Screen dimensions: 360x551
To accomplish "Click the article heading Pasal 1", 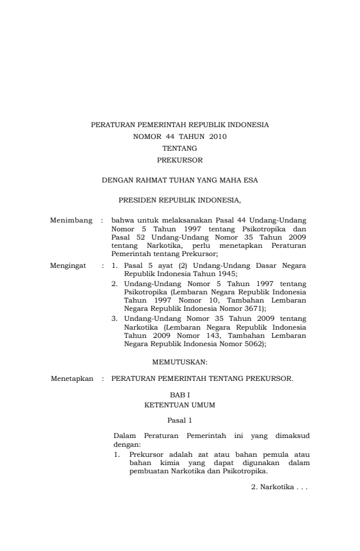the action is pos(179,421).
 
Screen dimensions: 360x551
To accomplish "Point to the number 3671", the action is pos(253,308).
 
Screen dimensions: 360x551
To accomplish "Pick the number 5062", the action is pos(253,346).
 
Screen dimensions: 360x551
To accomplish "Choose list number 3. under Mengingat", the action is pos(115,318).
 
